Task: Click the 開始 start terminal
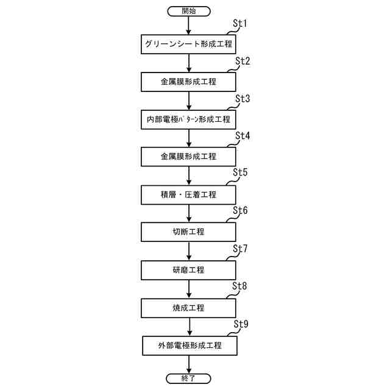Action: click(189, 10)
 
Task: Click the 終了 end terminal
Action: click(189, 378)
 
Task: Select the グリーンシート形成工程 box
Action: click(189, 44)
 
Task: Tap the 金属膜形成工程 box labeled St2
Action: click(189, 81)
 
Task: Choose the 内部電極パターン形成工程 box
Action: click(189, 119)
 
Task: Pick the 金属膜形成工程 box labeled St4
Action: click(189, 157)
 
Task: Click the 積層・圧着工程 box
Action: click(189, 194)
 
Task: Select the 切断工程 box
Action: click(189, 232)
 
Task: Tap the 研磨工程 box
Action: click(189, 270)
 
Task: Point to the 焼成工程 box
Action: click(189, 308)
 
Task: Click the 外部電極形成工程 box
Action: click(189, 346)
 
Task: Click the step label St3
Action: click(243, 98)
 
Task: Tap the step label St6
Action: click(241, 210)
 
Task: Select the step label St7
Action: click(241, 248)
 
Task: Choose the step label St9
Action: click(241, 324)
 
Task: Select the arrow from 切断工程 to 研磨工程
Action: click(189, 251)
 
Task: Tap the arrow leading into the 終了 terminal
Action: click(189, 364)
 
